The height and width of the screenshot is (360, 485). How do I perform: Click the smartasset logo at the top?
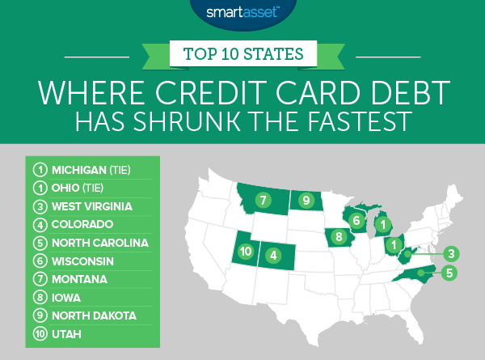[242, 14]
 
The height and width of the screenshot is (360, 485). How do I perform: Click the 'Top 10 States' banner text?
[242, 56]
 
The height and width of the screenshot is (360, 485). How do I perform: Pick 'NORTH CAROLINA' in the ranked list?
[99, 241]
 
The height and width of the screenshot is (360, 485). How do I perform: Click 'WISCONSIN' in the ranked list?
[82, 260]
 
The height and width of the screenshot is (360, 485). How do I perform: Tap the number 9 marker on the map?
[306, 199]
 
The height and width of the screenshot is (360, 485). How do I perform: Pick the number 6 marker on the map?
[355, 218]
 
